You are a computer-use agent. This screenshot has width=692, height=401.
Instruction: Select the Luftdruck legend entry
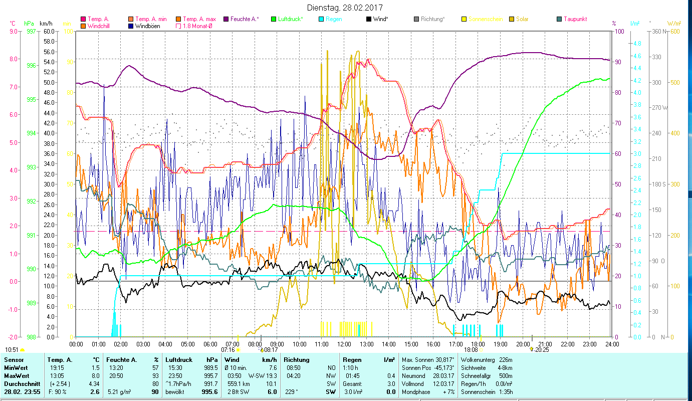point(289,19)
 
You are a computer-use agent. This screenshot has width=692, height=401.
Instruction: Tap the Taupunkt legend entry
point(575,19)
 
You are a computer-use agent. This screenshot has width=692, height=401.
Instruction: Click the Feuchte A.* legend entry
point(244,19)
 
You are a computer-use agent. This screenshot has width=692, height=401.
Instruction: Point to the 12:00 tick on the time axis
point(344,344)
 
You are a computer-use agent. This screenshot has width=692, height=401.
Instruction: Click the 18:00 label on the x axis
point(478,344)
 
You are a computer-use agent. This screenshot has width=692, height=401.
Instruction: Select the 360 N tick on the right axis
point(659,31)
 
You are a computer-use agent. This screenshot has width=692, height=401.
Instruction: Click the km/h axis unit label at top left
point(46,24)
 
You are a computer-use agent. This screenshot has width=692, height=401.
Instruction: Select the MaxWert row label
point(17,376)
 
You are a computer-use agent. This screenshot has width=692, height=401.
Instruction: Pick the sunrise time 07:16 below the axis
point(228,350)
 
